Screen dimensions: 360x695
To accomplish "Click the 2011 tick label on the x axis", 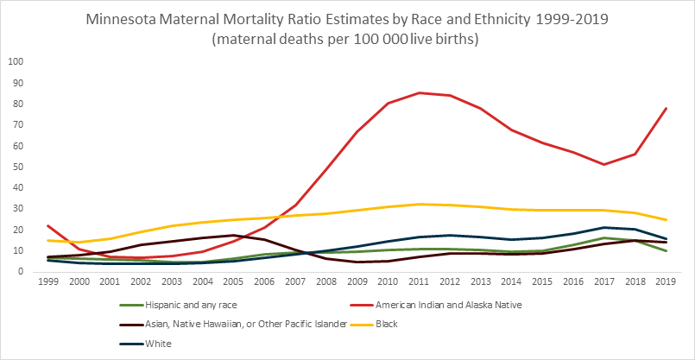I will pyautogui.click(x=420, y=282).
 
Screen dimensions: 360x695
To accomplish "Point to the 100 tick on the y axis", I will pyautogui.click(x=16, y=62).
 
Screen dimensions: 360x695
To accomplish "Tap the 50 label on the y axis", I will pyautogui.click(x=18, y=167).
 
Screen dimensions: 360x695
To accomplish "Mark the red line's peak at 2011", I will pyautogui.click(x=420, y=92).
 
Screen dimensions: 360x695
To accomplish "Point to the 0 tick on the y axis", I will pyautogui.click(x=21, y=272).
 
